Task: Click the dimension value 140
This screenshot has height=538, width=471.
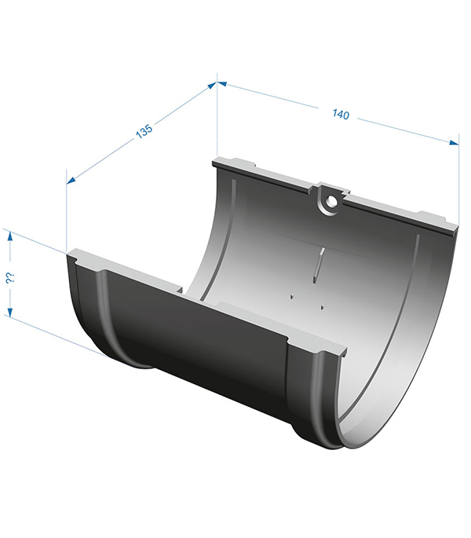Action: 341,114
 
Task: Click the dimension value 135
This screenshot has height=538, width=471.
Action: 144,131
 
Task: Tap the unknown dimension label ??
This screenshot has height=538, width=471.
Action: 9,278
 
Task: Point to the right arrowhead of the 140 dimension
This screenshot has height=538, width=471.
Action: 454,143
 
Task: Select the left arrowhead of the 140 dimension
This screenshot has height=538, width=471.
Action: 222,83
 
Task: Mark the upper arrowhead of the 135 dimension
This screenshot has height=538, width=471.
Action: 212,85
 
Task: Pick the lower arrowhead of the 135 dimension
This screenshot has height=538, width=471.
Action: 71,180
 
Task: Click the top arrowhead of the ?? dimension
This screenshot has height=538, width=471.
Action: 10,236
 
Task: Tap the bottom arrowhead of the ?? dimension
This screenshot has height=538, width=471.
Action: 10,312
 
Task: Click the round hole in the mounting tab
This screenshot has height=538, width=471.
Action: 331,201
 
